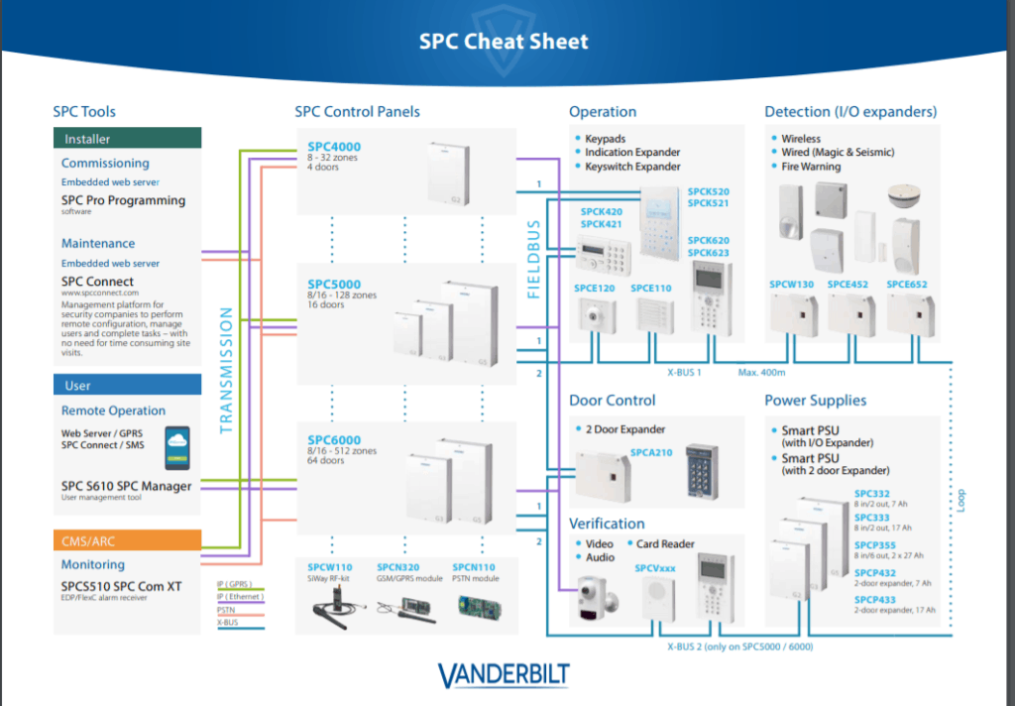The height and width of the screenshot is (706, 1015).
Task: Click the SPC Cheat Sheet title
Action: click(x=504, y=42)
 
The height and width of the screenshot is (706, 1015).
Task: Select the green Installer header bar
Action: click(x=127, y=139)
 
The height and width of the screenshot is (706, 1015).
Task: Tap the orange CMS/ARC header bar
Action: click(x=127, y=540)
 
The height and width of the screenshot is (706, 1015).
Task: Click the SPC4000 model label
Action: click(x=334, y=147)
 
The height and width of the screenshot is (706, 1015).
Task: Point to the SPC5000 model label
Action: click(x=334, y=285)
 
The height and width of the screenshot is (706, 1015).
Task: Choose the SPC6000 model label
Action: click(x=334, y=440)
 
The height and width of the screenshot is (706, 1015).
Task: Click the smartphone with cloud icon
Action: click(x=178, y=447)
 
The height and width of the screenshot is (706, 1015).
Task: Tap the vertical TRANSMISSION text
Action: click(x=225, y=370)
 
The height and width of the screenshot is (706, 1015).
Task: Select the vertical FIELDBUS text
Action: click(x=533, y=260)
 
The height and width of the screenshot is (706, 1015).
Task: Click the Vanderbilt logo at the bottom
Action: click(x=504, y=676)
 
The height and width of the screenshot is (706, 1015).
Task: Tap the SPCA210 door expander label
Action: click(x=651, y=452)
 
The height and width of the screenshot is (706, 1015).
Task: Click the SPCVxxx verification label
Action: click(x=655, y=569)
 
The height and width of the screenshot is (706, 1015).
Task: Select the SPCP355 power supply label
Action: click(x=875, y=545)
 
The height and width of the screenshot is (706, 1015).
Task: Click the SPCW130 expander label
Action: click(x=791, y=285)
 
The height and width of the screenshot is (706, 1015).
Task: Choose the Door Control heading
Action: click(x=612, y=401)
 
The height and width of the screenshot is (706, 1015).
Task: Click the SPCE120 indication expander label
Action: click(x=594, y=288)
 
